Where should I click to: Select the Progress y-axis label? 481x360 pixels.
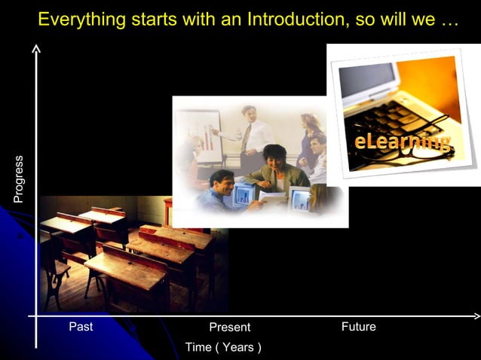(19, 178)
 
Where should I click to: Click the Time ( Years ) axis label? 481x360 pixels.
(223, 347)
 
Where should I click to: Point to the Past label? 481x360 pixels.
(81, 327)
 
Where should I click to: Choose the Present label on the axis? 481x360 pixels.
(229, 328)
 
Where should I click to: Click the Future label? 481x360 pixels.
(358, 327)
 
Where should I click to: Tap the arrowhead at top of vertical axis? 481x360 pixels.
(36, 48)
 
